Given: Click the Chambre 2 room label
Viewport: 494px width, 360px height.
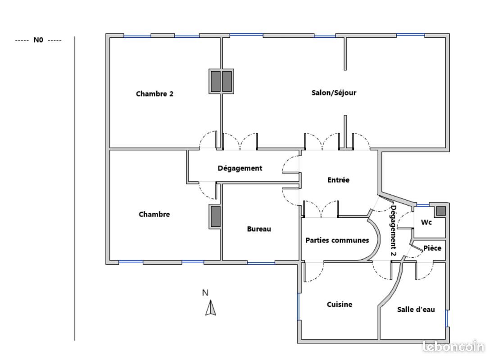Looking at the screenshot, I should (x=154, y=94).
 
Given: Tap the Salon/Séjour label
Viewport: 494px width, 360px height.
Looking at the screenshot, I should (x=334, y=93).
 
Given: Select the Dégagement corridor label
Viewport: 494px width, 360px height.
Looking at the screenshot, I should (x=240, y=168).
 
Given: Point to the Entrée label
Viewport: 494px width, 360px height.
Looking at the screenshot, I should (x=338, y=180).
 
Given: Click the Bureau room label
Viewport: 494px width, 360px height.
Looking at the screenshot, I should (x=259, y=229).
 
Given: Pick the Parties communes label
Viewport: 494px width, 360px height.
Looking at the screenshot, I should (x=337, y=240).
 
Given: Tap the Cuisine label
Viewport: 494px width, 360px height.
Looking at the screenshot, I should (x=340, y=305).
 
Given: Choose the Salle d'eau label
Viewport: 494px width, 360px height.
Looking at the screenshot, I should (x=416, y=309).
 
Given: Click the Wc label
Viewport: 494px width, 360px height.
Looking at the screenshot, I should (x=426, y=222).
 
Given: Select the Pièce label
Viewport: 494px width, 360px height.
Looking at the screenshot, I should (x=432, y=248).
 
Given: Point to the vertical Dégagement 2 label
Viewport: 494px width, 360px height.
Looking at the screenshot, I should (x=393, y=230).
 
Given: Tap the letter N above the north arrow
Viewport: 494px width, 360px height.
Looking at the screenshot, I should (x=205, y=293).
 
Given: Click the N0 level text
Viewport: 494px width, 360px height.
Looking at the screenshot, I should (x=38, y=40).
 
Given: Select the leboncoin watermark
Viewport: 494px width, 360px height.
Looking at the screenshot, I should (x=453, y=347).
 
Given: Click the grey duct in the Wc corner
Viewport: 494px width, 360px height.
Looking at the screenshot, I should (x=440, y=211).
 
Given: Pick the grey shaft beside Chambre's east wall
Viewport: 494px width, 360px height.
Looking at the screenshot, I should (x=215, y=216).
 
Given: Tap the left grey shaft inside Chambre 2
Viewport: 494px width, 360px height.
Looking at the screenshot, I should (x=215, y=81).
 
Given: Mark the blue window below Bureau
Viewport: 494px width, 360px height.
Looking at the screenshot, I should (x=261, y=263).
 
